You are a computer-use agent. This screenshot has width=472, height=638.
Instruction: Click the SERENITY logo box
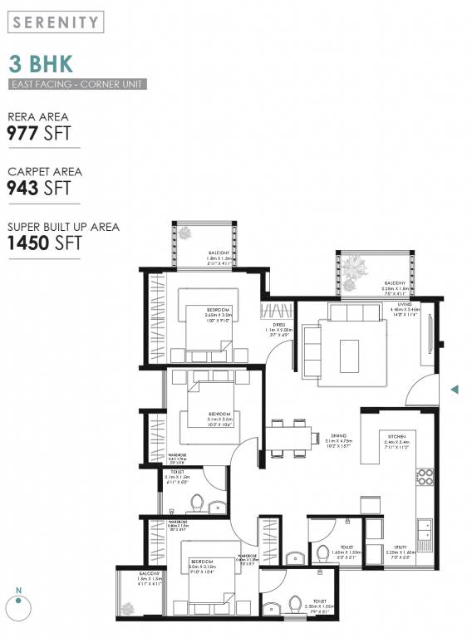point(57,22)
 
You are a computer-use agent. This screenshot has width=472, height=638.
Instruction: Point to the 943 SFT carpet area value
point(39,189)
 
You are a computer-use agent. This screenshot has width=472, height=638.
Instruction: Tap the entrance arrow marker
point(454,389)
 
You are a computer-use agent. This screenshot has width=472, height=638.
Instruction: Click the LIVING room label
point(405,305)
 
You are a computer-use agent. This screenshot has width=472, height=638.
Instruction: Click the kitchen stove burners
point(425,477)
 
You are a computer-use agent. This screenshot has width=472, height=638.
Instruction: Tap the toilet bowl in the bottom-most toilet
point(294,603)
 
